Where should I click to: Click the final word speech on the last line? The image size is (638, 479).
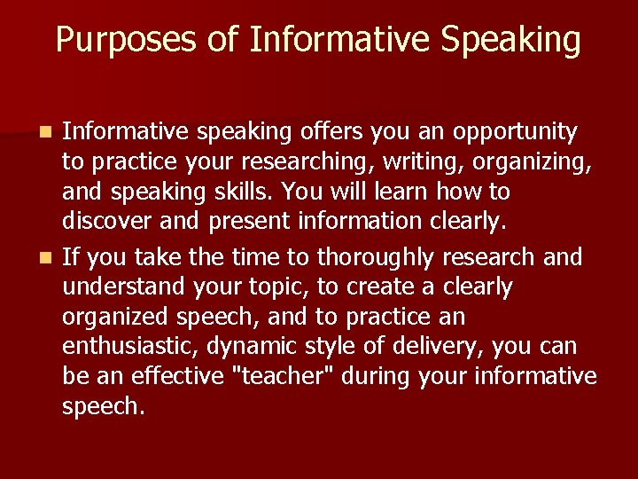point(103,406)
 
